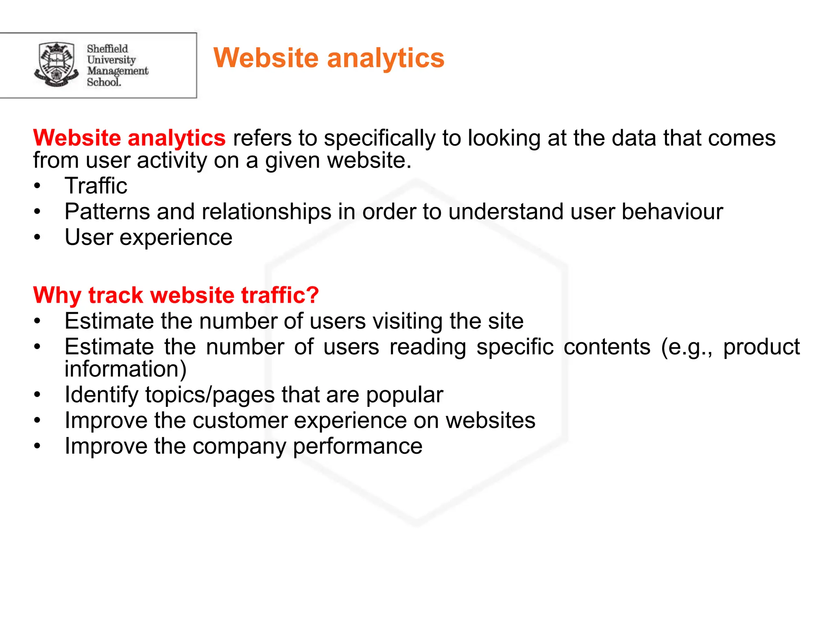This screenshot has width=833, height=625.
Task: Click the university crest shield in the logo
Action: coord(56,64)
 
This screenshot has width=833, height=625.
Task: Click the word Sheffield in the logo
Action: coord(107,49)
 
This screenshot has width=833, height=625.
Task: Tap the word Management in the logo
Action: coord(118,71)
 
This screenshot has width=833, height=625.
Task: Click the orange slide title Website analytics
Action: coord(329,58)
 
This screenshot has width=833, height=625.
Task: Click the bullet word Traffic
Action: coord(96,186)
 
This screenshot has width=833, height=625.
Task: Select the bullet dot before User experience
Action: coord(37,237)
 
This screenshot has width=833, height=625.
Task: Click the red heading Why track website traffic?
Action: coord(176,295)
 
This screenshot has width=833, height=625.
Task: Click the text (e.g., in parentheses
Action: coord(686,347)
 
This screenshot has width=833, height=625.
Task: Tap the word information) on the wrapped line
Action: coord(126,369)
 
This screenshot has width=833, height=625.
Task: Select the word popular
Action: coord(404,395)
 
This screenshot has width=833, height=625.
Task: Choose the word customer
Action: coord(240,420)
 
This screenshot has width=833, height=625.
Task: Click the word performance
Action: coord(358,446)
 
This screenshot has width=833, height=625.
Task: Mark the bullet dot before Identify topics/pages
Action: coord(37,395)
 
